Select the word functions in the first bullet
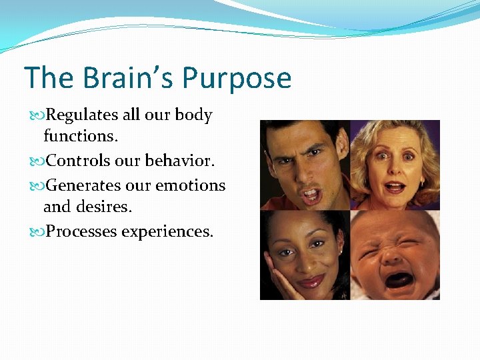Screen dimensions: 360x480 (77, 137)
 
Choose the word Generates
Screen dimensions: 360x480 (85, 185)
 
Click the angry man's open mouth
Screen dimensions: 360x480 (312, 195)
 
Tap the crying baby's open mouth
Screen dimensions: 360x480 (399, 279)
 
